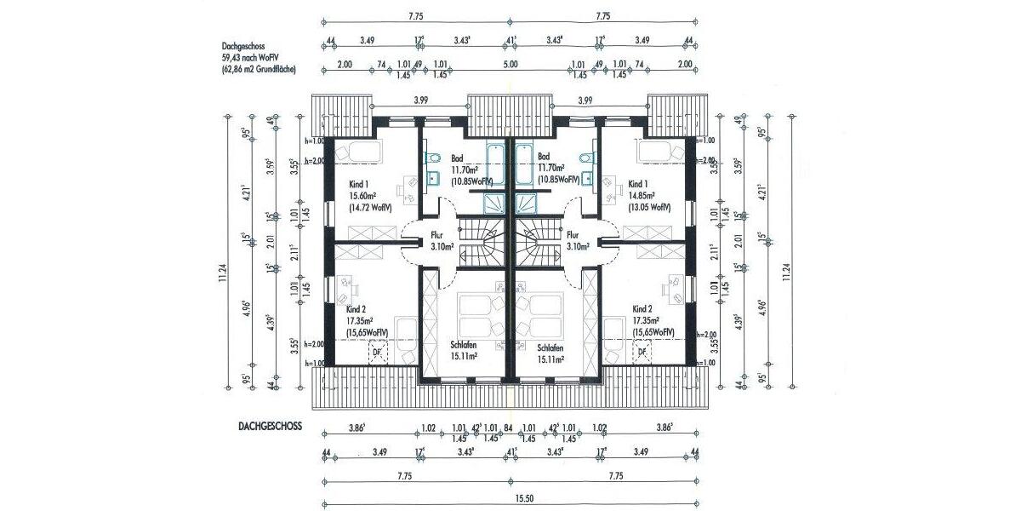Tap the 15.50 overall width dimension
point(510,497)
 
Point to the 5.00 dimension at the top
point(510,64)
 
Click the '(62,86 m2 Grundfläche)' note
point(258,69)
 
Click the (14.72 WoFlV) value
point(368,207)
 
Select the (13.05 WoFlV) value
point(648,207)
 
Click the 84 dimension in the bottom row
point(508,428)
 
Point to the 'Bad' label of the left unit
point(457,158)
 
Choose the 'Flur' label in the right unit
point(573,235)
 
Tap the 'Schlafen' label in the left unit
point(464,347)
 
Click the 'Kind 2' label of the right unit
point(642,309)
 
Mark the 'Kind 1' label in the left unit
point(360,183)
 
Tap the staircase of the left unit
point(482,242)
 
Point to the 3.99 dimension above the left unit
point(420,100)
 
